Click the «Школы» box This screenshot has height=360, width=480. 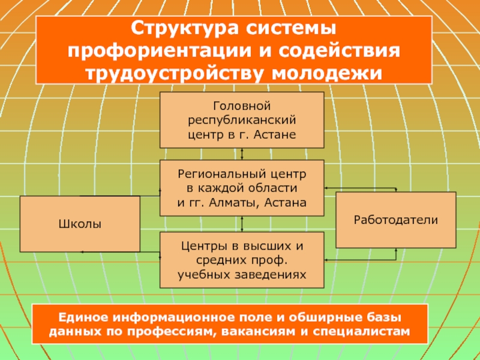point(80,224)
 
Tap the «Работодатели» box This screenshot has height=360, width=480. point(395,220)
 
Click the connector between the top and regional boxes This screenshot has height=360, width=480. point(241,154)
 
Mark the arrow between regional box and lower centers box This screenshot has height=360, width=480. point(241,224)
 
